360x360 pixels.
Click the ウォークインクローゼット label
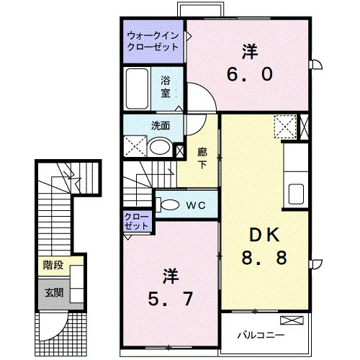coord(153,42)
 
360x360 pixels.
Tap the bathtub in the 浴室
coord(137,89)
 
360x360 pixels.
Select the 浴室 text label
coord(166,86)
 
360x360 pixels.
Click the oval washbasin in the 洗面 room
coord(160,146)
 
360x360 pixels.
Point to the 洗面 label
coord(161,126)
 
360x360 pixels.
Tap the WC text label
coord(196,205)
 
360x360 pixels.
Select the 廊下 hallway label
coord(202,158)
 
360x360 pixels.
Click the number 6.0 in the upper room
coord(250,74)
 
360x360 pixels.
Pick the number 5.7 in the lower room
coord(171,299)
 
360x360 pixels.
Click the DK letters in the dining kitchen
coord(264,235)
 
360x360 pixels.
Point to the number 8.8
coord(264,258)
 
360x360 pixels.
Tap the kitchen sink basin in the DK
coord(296,194)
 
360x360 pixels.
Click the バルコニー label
coord(261,335)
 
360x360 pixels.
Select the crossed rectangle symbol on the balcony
coord(292,320)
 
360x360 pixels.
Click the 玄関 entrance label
coord(54,293)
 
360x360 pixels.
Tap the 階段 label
coord(53,265)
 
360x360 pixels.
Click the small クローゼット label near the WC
coord(137,222)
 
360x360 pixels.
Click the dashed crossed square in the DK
coord(285,127)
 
